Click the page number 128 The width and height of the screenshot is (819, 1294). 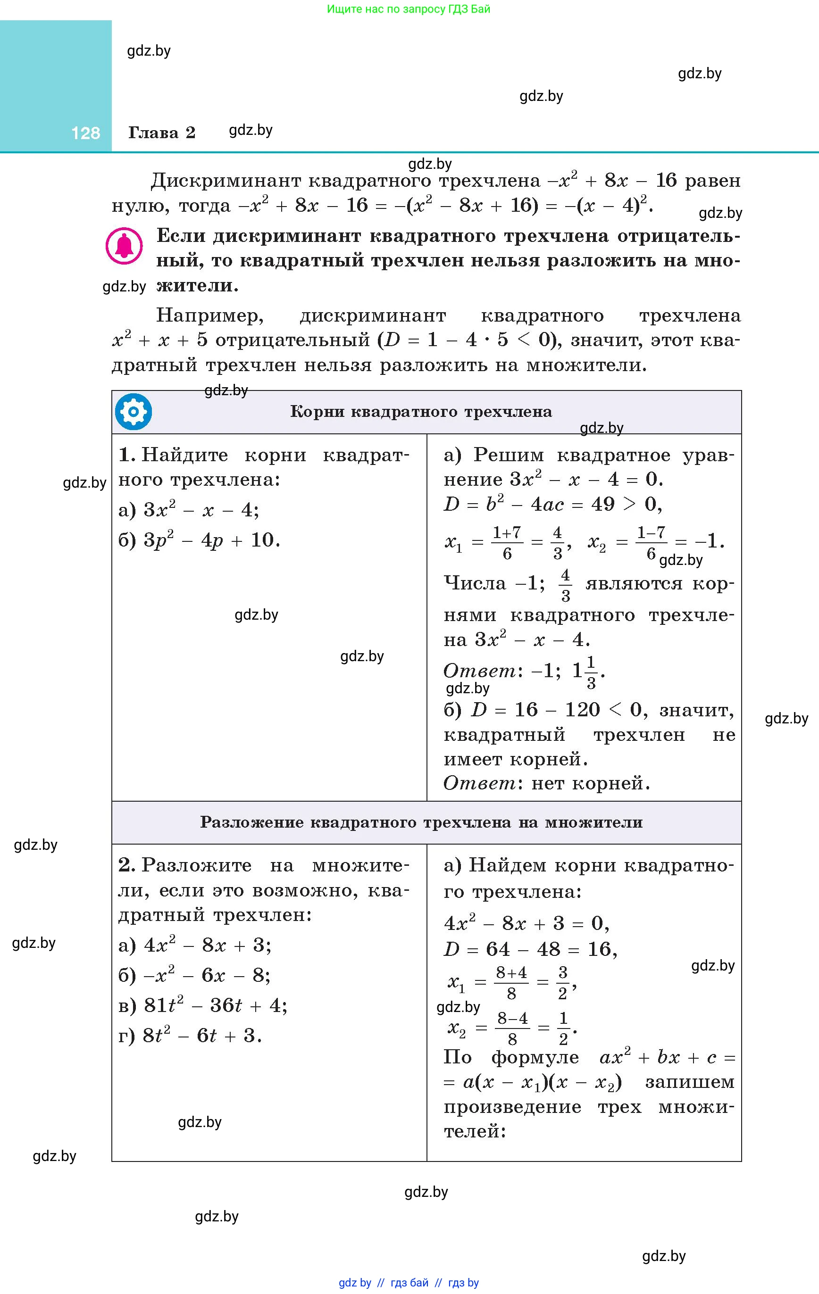(85, 133)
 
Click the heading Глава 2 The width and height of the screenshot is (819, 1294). (161, 132)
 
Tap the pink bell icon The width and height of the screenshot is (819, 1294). (124, 247)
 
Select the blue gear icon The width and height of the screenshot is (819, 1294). (134, 412)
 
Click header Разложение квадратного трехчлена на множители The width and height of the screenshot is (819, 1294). (421, 821)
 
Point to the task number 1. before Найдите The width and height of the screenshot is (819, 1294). (127, 455)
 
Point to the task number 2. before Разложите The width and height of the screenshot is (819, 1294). (127, 865)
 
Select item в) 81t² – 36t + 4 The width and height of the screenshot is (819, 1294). (203, 1005)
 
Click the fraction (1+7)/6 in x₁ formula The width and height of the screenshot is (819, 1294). (507, 543)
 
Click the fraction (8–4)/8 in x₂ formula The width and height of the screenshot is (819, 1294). (512, 1028)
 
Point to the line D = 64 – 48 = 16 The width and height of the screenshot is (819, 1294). (530, 949)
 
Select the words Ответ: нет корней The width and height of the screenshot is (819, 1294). (546, 783)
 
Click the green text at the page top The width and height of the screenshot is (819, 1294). (408, 8)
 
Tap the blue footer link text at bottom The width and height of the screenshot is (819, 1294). (409, 1283)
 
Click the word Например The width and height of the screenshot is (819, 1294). (210, 315)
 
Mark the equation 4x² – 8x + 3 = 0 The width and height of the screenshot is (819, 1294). (526, 923)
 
